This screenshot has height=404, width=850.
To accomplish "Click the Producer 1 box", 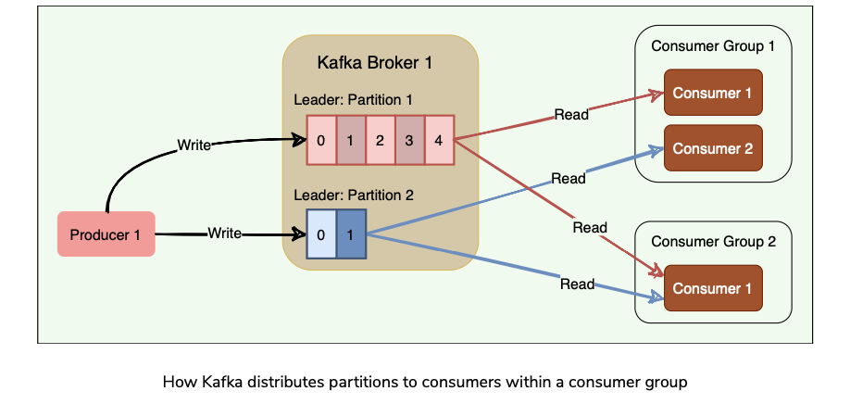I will click(x=106, y=234).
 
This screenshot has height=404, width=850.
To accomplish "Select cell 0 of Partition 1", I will click(x=320, y=141).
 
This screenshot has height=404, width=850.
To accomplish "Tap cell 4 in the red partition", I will click(x=439, y=141).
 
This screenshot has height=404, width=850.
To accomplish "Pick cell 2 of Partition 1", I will click(x=380, y=141).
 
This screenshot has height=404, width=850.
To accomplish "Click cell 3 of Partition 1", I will click(x=409, y=141).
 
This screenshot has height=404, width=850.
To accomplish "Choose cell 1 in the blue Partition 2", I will click(x=350, y=234).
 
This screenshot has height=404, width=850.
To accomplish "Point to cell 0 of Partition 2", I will click(x=320, y=234).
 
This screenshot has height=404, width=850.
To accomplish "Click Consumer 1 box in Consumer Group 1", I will click(x=712, y=93).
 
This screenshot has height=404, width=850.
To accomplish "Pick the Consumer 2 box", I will click(x=712, y=148).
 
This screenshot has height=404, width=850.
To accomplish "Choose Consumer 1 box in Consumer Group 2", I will click(x=712, y=289).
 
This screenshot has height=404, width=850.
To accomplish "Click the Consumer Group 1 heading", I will click(x=712, y=46).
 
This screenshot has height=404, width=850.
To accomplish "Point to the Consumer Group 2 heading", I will click(x=712, y=242).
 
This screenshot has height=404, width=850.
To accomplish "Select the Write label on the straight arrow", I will click(x=224, y=234).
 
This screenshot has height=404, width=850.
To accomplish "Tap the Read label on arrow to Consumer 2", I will click(x=568, y=177).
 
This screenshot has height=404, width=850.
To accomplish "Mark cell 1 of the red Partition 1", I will click(x=350, y=141).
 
